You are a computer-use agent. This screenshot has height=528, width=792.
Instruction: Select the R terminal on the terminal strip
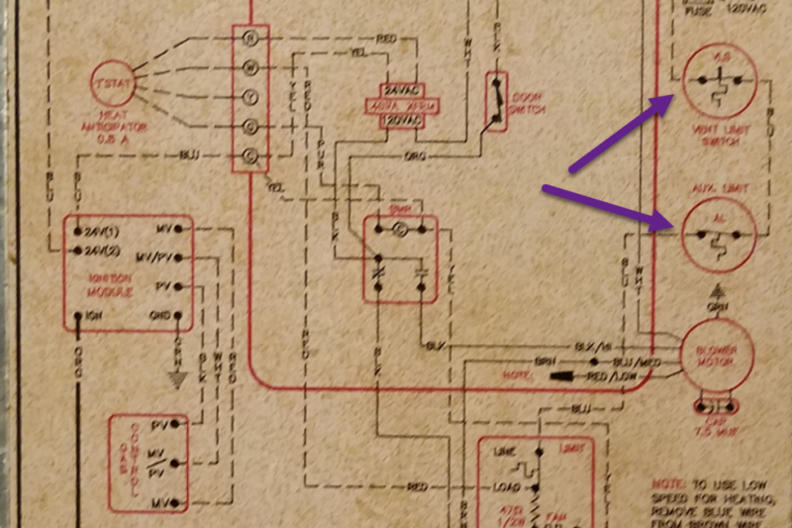coord(249,38)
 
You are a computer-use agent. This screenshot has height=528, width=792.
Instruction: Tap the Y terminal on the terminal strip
coord(249,98)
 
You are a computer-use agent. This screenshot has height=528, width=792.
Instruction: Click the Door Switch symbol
coord(494,100)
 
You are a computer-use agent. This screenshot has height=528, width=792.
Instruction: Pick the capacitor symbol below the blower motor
coord(715,406)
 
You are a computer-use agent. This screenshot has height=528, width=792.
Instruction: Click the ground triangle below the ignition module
coord(178,376)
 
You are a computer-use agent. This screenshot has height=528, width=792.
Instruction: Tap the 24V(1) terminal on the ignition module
coord(99,230)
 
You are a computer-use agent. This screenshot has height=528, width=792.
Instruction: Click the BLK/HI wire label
coord(595,347)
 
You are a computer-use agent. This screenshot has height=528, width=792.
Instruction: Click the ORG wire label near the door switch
coord(416,157)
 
